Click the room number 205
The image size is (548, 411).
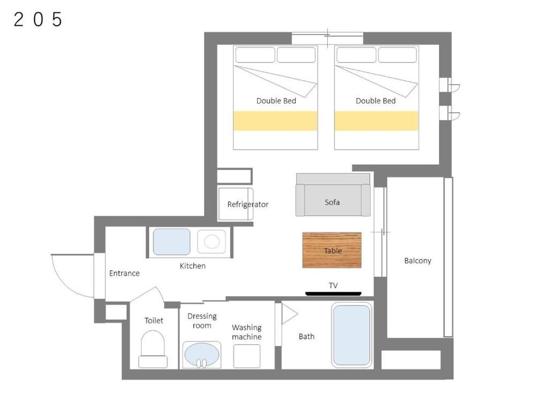[x=38, y=20]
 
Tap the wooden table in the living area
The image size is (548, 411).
[x=332, y=250]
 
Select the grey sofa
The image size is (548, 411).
[x=333, y=195]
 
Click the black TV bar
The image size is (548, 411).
[x=333, y=294]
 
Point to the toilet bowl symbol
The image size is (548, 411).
[x=153, y=349]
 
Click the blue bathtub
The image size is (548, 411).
[x=351, y=335]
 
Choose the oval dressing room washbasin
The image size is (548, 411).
[x=201, y=354]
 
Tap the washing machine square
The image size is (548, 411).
[x=247, y=356]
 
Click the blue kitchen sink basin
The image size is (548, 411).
[x=172, y=242]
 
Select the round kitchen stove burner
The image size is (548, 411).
[x=212, y=242]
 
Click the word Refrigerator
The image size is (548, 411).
[x=248, y=204]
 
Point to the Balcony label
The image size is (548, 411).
[x=418, y=261]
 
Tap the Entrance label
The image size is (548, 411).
[x=124, y=273]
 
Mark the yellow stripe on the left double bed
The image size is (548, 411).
[x=276, y=121]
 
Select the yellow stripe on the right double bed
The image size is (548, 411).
[x=376, y=121]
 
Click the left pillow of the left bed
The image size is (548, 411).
[x=255, y=55]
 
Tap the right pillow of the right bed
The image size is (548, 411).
[x=397, y=55]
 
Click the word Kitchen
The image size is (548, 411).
[x=193, y=266]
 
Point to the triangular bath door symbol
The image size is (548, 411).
[x=289, y=314]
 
